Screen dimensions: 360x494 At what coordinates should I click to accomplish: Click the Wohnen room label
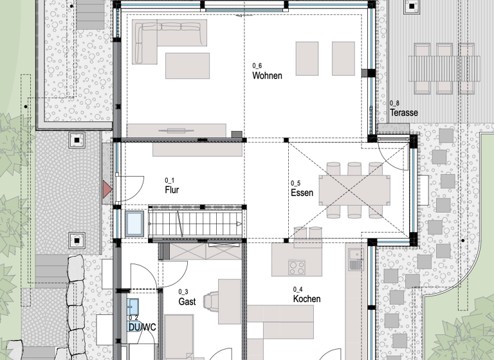pos(267,76)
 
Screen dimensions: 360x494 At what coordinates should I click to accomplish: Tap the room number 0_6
pos(257,66)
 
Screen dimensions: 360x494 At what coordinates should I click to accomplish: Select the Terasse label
pos(403,113)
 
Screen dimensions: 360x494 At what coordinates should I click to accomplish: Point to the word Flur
pos(172,190)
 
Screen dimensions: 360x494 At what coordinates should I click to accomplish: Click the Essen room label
pos(302,193)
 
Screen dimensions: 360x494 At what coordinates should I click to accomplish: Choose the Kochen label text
pos(306,299)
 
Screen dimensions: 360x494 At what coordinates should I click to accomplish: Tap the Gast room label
pos(187,301)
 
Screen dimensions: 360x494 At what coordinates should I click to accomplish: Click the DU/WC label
pos(142,327)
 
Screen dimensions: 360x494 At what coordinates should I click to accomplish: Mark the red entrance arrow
pos(107,189)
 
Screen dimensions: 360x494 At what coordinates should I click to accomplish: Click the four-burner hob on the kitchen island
pos(297,265)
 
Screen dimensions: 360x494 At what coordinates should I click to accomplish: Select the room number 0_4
pos(298,289)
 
